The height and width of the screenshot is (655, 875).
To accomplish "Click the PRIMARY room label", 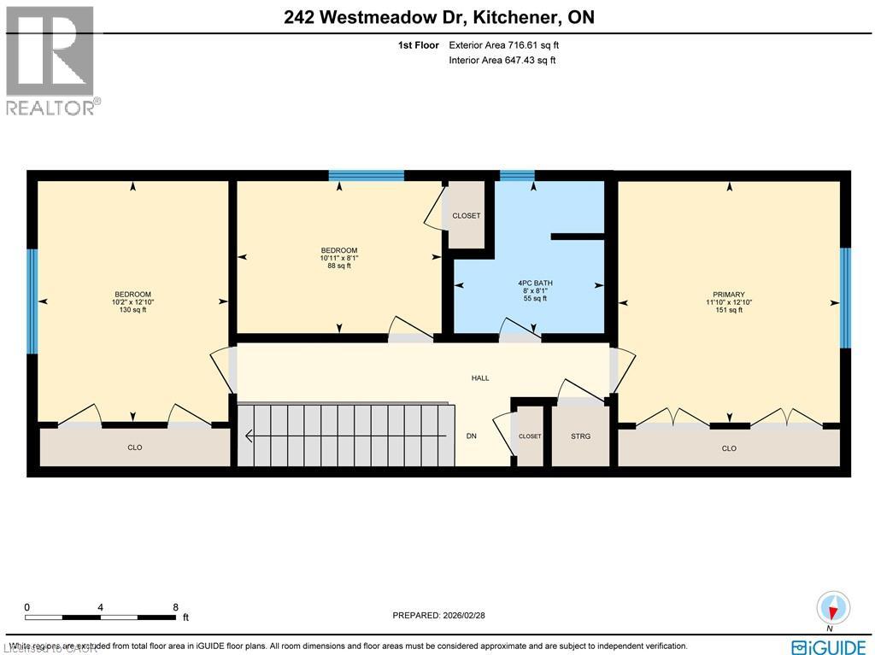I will [729, 294].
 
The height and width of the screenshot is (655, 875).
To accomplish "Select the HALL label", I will [480, 378].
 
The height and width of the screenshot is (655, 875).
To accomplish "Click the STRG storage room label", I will [580, 436].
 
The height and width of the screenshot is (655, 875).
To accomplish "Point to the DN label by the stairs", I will [471, 436].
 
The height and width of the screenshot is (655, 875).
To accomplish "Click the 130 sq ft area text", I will [132, 310].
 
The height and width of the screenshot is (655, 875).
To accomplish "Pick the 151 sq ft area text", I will [729, 310].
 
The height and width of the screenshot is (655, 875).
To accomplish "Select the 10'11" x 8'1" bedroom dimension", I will [339, 258].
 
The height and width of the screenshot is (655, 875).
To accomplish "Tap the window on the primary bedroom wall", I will [845, 298].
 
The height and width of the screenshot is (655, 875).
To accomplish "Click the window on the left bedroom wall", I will [32, 301].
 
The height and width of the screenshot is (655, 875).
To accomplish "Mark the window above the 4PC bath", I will [516, 176].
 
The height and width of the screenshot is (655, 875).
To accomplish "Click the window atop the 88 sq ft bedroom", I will [367, 176].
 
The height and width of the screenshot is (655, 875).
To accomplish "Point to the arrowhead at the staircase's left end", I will [250, 436].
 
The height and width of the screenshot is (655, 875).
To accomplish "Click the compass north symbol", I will [831, 607].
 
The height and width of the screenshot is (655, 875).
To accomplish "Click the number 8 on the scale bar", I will [174, 607].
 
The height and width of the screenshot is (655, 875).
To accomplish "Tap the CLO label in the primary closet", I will [729, 448].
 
